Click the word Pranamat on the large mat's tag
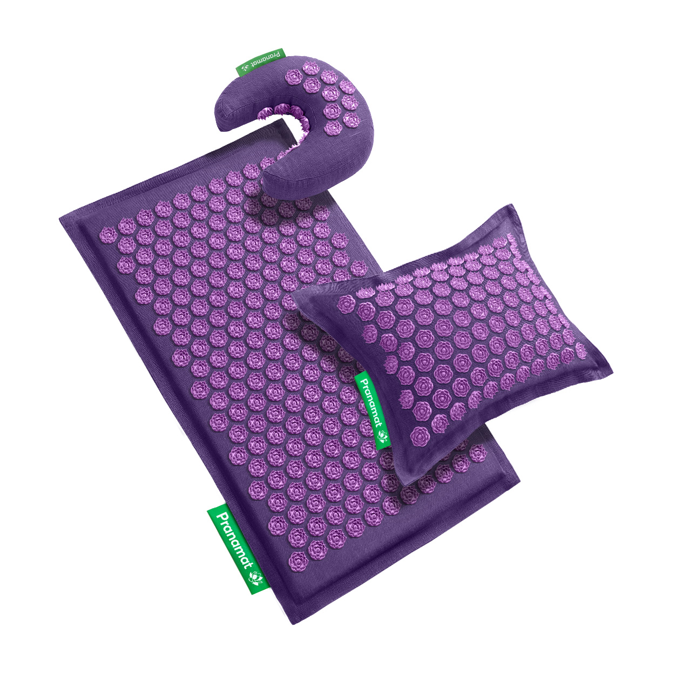[x=234, y=538]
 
